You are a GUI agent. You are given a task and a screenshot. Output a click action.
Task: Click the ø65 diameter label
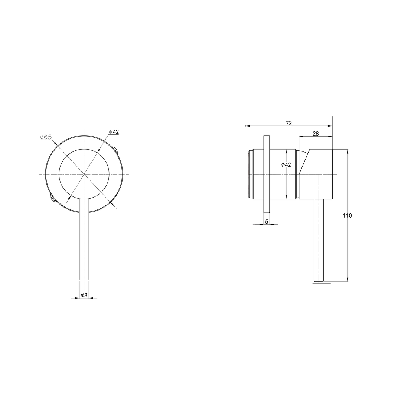[x=46, y=137]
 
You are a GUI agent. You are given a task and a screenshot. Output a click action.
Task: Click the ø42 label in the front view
[x=114, y=132]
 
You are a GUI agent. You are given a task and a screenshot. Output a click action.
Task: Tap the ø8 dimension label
[x=84, y=295]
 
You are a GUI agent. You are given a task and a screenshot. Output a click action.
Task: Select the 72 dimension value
[x=289, y=123]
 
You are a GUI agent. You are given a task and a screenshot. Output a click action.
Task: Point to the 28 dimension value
[x=316, y=134]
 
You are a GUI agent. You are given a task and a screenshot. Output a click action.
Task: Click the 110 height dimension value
[x=348, y=216]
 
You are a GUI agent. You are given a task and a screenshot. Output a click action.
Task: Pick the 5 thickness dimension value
[x=267, y=222]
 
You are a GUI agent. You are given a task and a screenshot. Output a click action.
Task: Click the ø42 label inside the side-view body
[x=286, y=165]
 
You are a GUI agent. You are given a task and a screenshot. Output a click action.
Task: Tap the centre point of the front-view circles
[x=84, y=174]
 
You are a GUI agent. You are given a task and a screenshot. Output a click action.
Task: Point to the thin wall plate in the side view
[x=266, y=174]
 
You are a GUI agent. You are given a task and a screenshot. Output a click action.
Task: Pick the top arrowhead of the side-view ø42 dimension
[x=286, y=151]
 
